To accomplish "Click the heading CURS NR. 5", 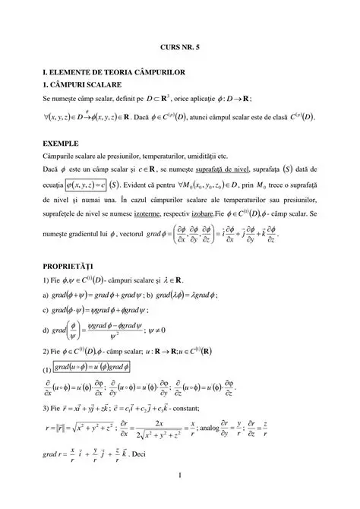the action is [x=180, y=46].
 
